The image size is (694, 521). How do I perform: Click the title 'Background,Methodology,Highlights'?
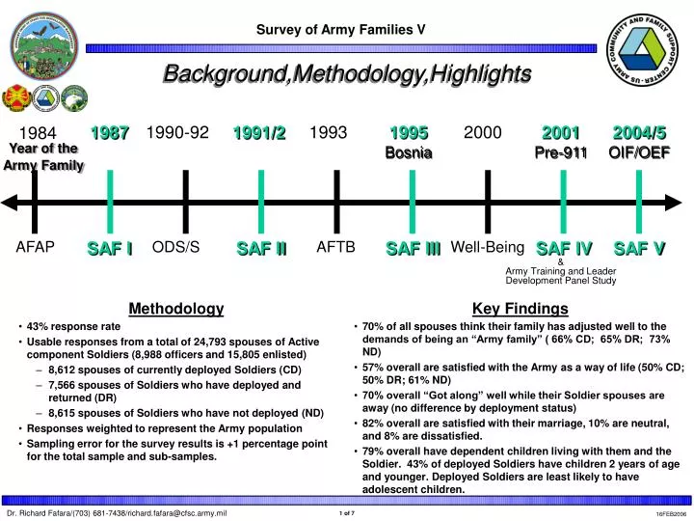(x=347, y=73)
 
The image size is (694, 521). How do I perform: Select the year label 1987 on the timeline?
(x=110, y=133)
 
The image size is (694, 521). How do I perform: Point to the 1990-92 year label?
(x=177, y=133)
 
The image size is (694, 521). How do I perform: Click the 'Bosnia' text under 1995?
(x=409, y=152)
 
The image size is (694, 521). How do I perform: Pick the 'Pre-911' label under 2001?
(x=560, y=152)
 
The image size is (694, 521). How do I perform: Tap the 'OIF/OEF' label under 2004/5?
(x=639, y=152)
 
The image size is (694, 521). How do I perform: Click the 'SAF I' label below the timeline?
(x=110, y=249)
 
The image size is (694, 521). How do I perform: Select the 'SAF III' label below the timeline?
(x=413, y=249)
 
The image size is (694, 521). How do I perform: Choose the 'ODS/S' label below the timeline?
(x=175, y=247)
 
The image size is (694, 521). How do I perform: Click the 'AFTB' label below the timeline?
(x=336, y=247)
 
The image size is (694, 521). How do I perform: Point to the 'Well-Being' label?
(x=487, y=247)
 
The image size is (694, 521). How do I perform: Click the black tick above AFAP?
(x=36, y=201)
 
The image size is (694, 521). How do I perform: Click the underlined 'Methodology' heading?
(x=175, y=309)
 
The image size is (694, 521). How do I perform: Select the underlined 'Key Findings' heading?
(x=520, y=309)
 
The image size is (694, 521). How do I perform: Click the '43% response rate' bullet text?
(x=73, y=327)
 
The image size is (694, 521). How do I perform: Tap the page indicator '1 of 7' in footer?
(x=347, y=513)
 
